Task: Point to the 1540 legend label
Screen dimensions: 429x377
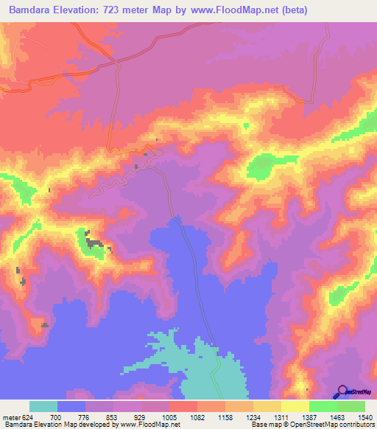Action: [366, 416]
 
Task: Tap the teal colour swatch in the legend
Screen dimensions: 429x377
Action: [43, 406]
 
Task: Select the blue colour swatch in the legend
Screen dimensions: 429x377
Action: [71, 406]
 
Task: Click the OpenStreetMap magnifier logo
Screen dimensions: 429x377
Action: [341, 391]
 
